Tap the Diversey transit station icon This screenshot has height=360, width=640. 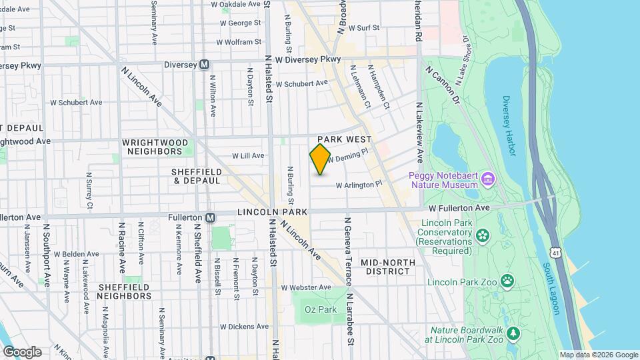(205, 65)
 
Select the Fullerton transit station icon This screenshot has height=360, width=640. (211, 217)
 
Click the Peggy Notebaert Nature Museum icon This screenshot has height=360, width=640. (488, 179)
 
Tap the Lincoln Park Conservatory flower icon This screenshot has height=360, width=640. (482, 235)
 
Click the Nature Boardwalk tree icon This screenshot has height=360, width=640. (513, 333)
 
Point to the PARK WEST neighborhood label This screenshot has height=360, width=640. (344, 139)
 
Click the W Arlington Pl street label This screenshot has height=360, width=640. (359, 185)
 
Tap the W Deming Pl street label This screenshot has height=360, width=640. (347, 157)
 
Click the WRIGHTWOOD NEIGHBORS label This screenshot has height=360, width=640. (155, 147)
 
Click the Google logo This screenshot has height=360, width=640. (22, 351)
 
